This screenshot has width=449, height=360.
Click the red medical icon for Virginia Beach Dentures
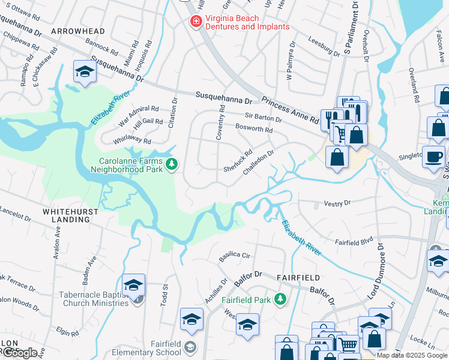195,22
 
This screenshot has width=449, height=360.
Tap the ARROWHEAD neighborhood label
78,31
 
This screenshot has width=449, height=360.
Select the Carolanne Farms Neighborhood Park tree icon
172,164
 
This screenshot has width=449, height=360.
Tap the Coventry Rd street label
220,123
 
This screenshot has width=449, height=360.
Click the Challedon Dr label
258,163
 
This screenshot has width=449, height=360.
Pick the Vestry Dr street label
337,204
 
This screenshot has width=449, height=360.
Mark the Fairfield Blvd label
354,241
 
